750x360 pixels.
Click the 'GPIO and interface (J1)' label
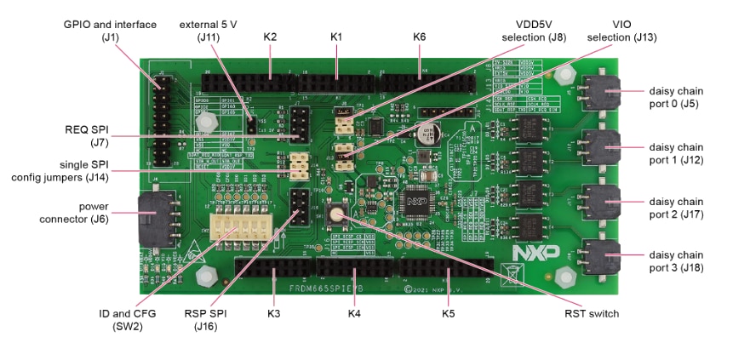[111, 30]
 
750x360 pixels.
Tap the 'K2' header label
[270, 37]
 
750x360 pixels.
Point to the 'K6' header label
[419, 37]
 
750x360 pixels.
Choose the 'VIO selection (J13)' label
[622, 30]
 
